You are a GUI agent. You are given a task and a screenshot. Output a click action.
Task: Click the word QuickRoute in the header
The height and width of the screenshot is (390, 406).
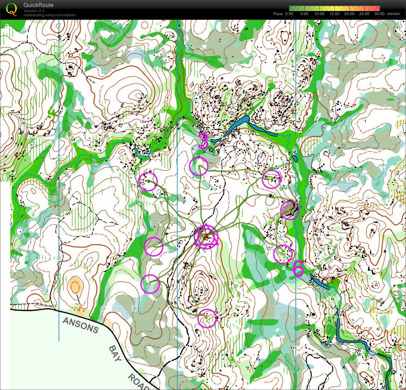coord(38,5)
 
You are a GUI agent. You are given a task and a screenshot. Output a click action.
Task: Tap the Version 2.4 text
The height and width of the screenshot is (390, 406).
coord(34,11)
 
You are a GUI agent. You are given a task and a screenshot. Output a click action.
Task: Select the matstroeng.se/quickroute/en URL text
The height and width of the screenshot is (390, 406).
coord(50,15)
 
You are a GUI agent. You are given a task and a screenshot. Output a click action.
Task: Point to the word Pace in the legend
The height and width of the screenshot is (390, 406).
coord(278,14)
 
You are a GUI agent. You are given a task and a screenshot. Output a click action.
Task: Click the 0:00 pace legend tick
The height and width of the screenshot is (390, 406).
coord(289,14)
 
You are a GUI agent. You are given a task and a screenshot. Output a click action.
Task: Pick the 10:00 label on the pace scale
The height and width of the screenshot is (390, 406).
coord(319,14)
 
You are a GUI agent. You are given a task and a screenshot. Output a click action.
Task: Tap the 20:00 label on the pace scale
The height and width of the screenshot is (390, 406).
coord(349,14)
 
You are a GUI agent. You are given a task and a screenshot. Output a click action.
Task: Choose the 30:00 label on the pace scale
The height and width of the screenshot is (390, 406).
coord(379,14)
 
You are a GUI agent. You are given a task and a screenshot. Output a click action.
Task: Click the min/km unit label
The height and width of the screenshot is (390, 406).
coord(394,14)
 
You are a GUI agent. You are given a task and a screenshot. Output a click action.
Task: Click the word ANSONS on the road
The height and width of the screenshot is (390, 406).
coord(80,326)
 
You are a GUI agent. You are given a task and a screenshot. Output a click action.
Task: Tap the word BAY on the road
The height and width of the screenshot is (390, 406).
coord(115,354)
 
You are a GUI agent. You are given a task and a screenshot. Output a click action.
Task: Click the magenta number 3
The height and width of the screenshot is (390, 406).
coord(203,141)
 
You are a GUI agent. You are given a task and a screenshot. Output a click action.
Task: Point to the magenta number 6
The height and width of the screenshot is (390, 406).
coord(298,269)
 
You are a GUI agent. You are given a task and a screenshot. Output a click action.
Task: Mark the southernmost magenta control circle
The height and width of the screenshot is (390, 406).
coord(207,318)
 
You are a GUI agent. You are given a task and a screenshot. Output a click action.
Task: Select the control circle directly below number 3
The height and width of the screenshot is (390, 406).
coord(199,166)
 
